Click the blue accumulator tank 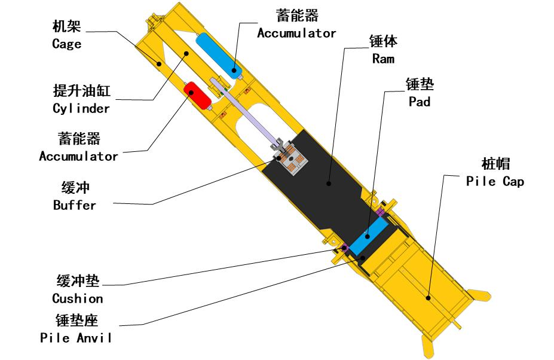[x=219, y=56]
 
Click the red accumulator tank [x=197, y=95]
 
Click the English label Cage [x=67, y=44]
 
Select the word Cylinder [x=81, y=108]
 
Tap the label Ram [x=383, y=59]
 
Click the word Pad [x=420, y=102]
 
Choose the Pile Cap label [x=495, y=181]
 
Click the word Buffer [x=75, y=205]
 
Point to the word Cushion [x=78, y=298]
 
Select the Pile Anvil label [x=76, y=337]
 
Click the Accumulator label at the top [x=296, y=33]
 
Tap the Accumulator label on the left [x=78, y=156]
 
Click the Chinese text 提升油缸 [x=82, y=90]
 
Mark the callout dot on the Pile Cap [x=428, y=298]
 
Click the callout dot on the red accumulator [x=191, y=92]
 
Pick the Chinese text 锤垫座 [x=76, y=320]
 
